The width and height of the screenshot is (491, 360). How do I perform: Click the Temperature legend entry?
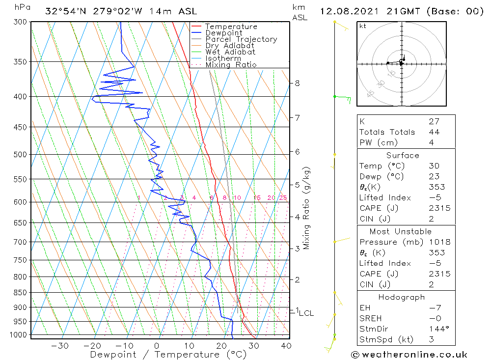(x=231, y=27)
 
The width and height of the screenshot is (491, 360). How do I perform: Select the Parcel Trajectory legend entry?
(x=241, y=39)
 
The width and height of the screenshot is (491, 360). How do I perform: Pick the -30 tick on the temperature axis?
(x=60, y=346)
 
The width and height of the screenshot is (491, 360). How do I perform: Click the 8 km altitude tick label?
(x=297, y=83)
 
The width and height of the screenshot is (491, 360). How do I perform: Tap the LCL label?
(x=306, y=313)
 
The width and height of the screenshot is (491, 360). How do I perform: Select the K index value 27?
(x=434, y=121)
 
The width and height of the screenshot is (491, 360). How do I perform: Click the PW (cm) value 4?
(x=431, y=143)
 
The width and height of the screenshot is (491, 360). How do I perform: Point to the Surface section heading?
(x=403, y=155)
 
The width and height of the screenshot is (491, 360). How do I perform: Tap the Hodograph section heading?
(x=402, y=297)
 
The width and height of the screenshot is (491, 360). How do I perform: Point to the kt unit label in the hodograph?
(x=363, y=26)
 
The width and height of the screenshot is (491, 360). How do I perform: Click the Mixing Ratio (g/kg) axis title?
(x=306, y=208)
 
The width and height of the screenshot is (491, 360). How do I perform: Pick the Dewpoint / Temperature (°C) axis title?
(x=168, y=355)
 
